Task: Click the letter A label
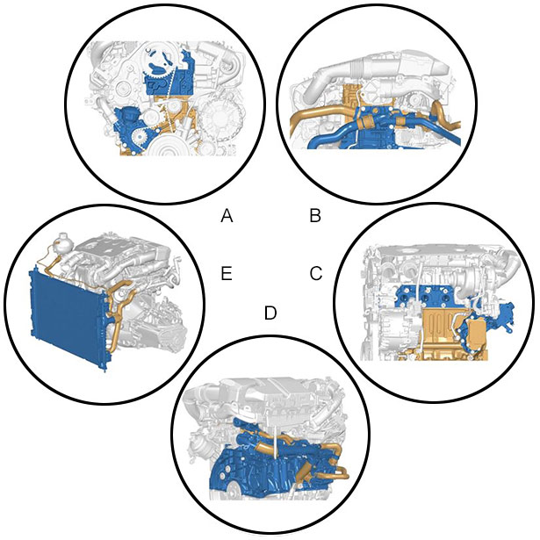(x=227, y=216)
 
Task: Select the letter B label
(x=315, y=216)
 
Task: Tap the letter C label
(x=316, y=273)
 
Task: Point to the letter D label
(x=270, y=313)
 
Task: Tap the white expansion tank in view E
(x=62, y=241)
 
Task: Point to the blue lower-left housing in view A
(x=129, y=127)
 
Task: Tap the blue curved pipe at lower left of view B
(x=331, y=136)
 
